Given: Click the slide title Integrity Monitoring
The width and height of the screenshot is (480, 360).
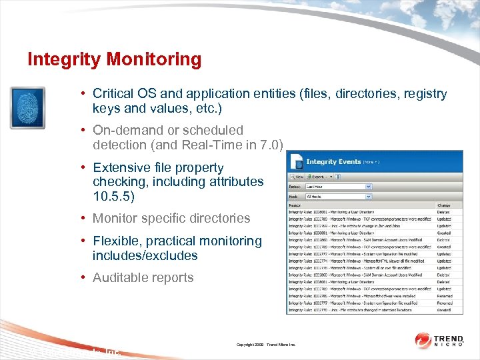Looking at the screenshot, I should coord(114,59).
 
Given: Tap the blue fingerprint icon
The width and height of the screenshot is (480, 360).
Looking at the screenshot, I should coord(27,107).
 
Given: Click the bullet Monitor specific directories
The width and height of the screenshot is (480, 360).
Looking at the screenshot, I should coord(171,218).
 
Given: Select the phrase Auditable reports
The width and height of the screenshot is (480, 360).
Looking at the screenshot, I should coord(143,277).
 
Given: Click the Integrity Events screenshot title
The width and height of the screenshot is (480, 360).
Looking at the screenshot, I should coord(333,161).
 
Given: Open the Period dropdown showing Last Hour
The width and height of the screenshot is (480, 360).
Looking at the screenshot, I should coord(338,187).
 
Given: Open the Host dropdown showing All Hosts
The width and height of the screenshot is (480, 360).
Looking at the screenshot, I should coord(338,197).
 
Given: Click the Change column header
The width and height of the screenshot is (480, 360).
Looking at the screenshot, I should coord(444,206).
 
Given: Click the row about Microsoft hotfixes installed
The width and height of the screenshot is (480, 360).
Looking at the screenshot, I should coord(360,295).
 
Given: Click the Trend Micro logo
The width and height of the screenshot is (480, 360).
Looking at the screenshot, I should coord(441,340).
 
